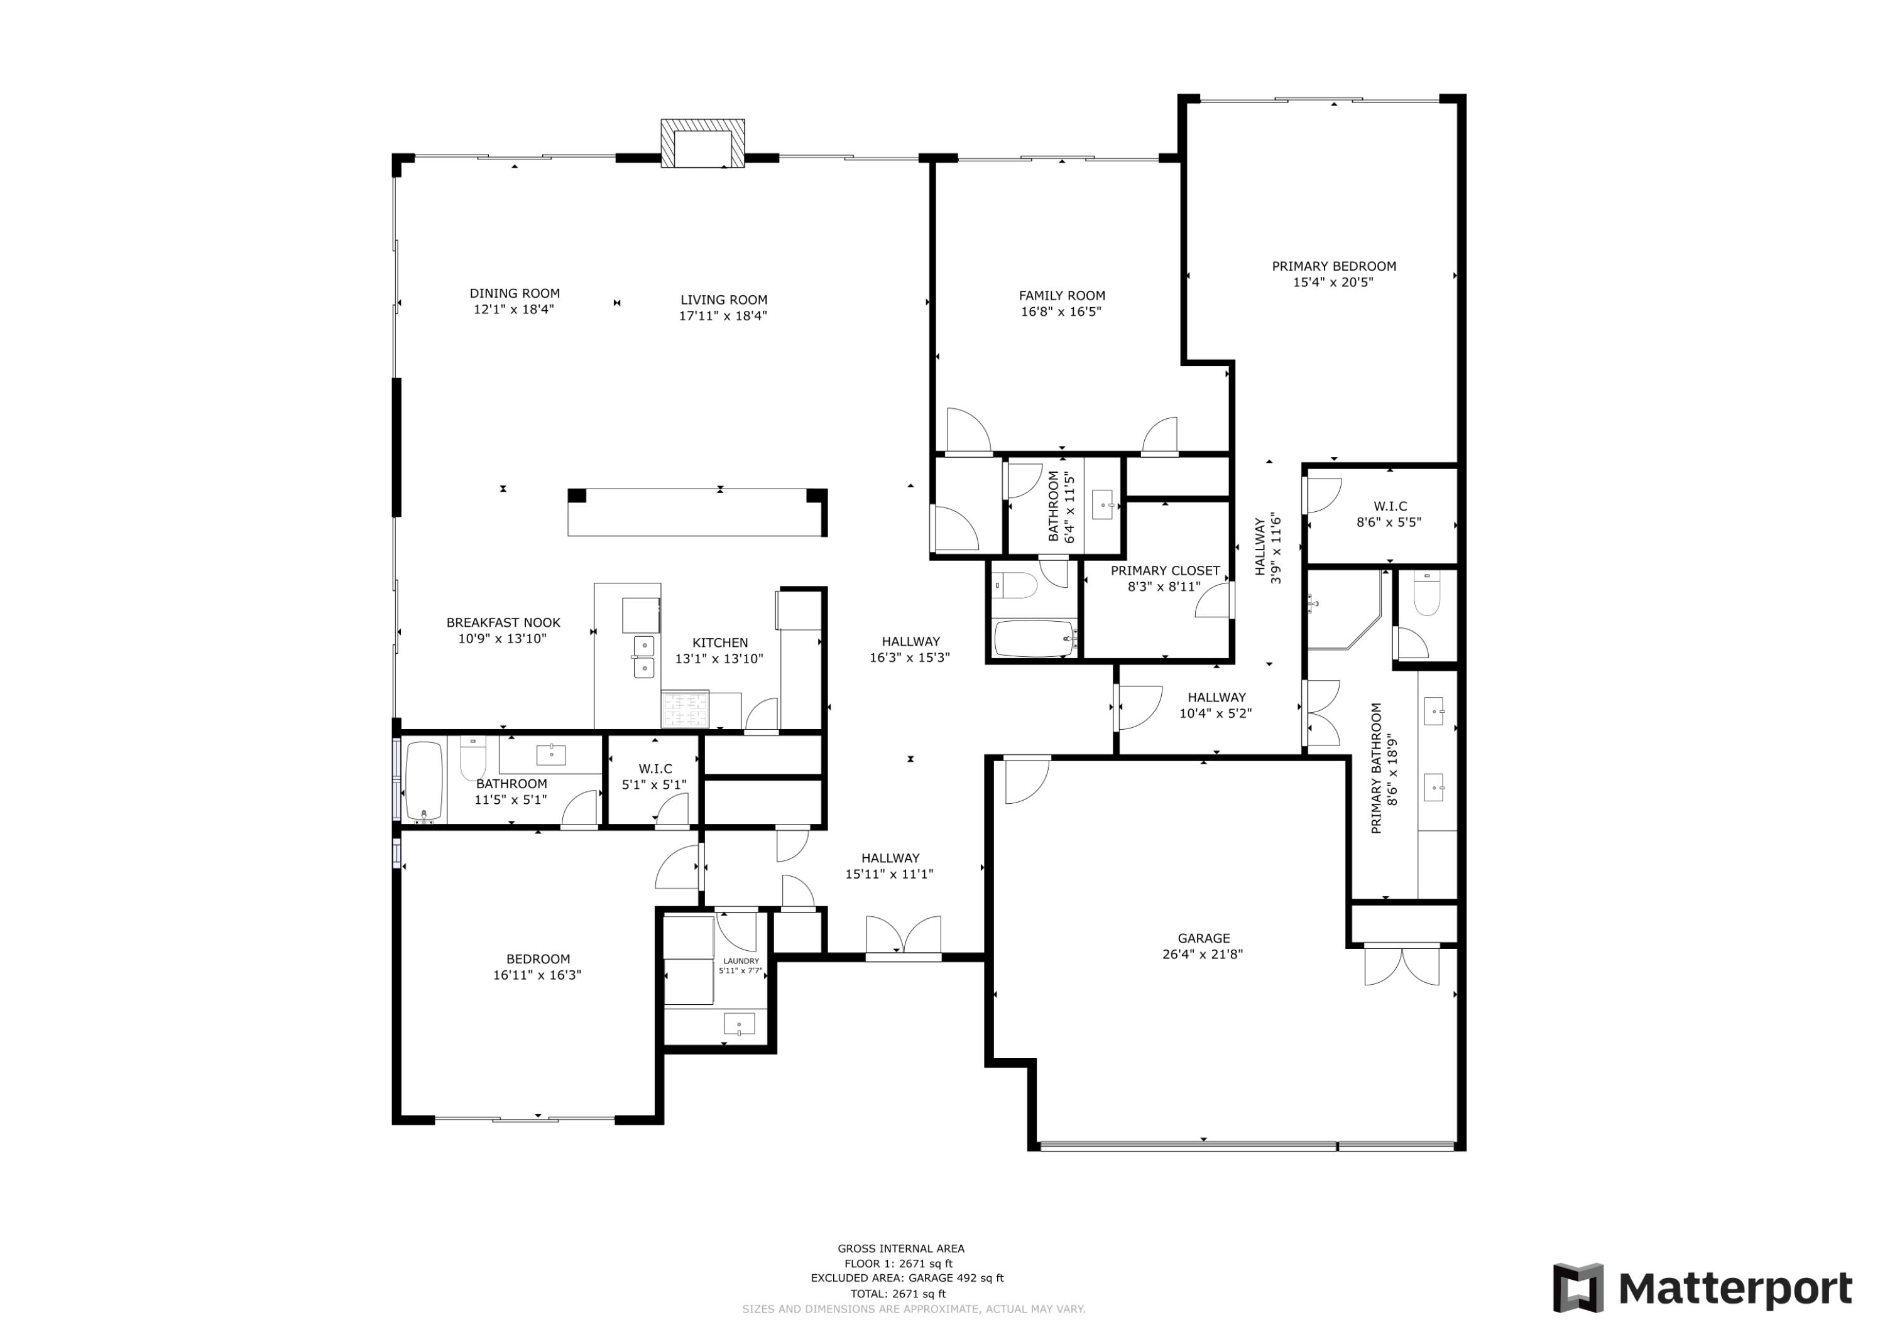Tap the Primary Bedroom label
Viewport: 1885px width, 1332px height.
pos(1333,266)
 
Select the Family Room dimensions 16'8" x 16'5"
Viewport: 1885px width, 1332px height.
pos(1061,312)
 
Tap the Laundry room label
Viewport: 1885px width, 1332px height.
pos(741,961)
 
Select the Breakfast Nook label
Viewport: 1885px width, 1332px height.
pos(503,623)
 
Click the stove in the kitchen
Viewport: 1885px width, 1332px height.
pos(685,710)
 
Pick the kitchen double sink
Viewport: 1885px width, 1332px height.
pos(645,656)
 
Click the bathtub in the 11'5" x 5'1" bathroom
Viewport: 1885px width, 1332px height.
pos(425,781)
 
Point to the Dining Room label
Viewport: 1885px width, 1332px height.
pos(515,293)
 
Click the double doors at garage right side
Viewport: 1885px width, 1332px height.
pos(1401,967)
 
